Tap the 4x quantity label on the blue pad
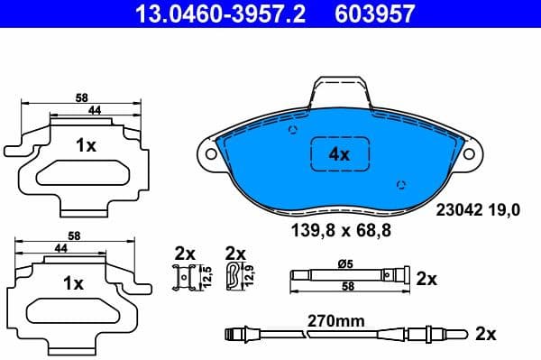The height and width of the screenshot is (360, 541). click(339, 154)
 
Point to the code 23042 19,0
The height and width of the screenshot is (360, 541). click(478, 210)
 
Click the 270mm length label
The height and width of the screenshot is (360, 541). click(335, 318)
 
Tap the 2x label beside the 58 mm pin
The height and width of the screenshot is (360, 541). click(426, 279)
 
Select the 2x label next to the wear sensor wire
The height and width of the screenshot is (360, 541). click(486, 334)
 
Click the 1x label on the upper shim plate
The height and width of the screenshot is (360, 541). click(86, 145)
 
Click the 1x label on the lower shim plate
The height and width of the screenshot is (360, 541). click(74, 282)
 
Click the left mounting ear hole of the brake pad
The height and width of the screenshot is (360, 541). click(211, 153)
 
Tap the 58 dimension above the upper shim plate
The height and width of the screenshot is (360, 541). click(81, 97)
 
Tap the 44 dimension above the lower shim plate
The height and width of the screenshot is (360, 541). click(61, 246)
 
